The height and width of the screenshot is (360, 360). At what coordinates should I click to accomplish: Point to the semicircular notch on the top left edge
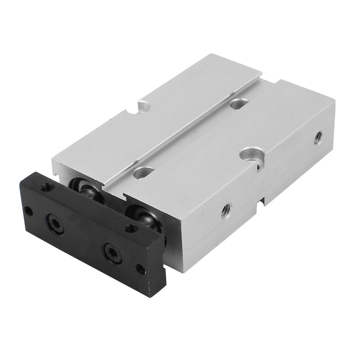144,107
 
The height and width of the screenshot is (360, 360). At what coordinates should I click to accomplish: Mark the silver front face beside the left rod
61,169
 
